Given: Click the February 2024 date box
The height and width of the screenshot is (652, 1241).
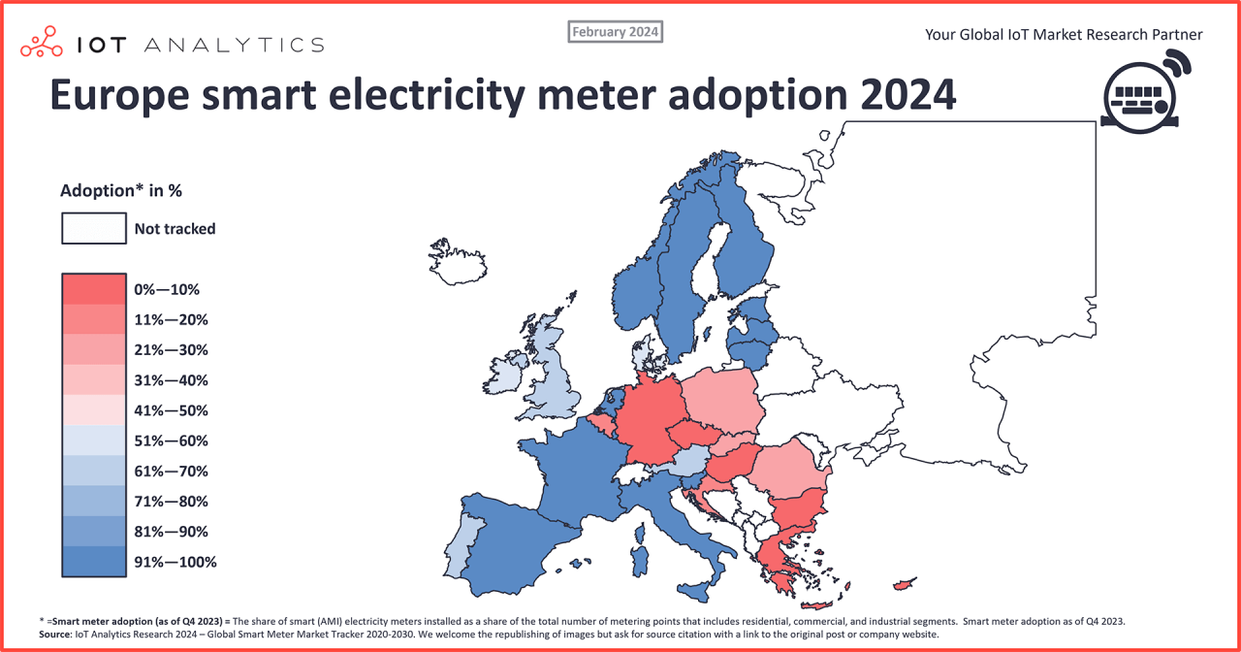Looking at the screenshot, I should (x=615, y=32).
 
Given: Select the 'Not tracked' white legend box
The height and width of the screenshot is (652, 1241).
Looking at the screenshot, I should (x=93, y=229).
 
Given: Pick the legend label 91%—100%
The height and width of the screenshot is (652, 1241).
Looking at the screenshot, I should (x=175, y=562).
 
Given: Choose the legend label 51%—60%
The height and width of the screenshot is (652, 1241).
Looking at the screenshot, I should (x=171, y=440).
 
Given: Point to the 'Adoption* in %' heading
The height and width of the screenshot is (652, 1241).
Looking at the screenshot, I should (x=121, y=190).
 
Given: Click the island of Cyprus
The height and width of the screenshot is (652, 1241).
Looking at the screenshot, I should (x=904, y=584).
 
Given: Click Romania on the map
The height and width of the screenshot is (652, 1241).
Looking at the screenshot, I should (x=790, y=471).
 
